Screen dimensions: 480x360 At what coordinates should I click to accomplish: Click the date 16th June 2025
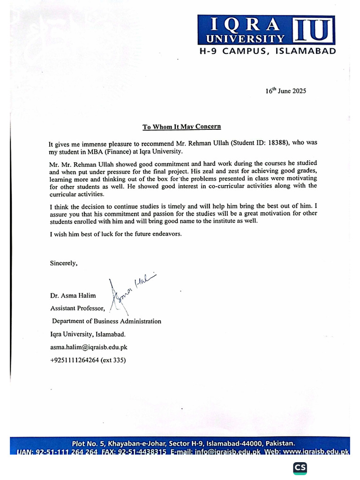(x=285, y=91)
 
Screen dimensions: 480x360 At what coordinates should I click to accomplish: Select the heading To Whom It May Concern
(x=181, y=127)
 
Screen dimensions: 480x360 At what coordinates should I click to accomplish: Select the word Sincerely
(x=63, y=263)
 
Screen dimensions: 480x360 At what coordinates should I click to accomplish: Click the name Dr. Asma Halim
(x=73, y=296)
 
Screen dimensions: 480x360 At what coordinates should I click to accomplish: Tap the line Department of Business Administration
(x=106, y=321)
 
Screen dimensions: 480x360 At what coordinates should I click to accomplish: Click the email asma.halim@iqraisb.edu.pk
(x=89, y=347)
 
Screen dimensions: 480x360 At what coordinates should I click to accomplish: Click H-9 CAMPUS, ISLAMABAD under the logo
(x=266, y=51)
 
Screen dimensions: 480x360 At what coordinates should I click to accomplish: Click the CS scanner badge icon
(x=300, y=468)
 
